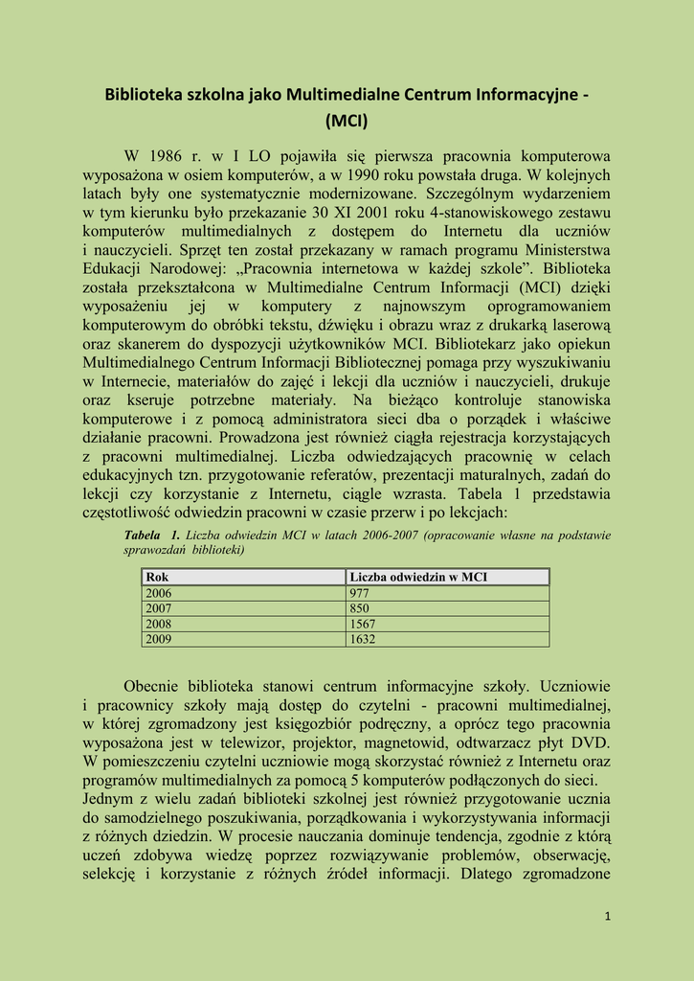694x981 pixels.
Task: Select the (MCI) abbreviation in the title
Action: [x=347, y=122]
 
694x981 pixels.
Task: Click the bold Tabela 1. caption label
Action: [x=151, y=535]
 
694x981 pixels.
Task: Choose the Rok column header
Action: [x=157, y=577]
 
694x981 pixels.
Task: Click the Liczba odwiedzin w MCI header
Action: [x=418, y=577]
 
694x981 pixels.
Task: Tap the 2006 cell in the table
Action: [x=158, y=593]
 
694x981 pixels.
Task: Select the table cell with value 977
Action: [x=360, y=593]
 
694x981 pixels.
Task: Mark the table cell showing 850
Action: [x=360, y=608]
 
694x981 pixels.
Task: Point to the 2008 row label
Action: [x=158, y=624]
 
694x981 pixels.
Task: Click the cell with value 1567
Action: [x=363, y=624]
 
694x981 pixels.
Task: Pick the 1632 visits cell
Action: [x=363, y=639]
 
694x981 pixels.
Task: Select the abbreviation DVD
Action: [x=589, y=742]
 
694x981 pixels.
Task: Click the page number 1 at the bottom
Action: [x=607, y=917]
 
